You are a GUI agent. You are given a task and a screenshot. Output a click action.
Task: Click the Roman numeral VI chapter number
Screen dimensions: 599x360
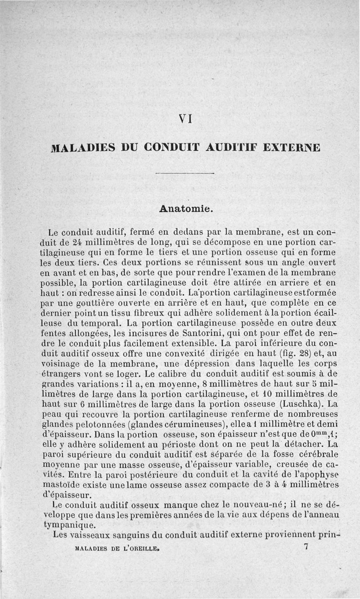coord(185,119)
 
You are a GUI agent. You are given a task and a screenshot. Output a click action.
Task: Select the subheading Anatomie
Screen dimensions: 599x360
coord(185,209)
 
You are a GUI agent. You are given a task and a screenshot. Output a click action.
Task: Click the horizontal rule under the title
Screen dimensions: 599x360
coord(183,173)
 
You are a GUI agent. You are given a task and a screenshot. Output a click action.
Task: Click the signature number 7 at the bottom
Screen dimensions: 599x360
coord(306,547)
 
